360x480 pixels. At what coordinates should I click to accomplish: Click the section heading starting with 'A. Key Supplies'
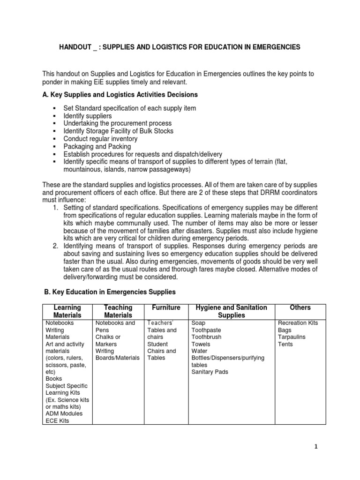120,95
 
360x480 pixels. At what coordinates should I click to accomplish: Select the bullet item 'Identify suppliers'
87,115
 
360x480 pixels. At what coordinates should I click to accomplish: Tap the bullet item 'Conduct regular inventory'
100,139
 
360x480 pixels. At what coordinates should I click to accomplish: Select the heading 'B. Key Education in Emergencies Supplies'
110,292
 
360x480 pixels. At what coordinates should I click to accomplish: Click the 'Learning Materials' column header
67,311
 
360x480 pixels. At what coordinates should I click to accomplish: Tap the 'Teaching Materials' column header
118,311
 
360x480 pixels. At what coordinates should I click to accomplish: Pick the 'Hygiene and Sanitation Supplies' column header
232,311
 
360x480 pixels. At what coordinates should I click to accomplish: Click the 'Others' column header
300,307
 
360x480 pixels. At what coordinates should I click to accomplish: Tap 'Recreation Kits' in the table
298,323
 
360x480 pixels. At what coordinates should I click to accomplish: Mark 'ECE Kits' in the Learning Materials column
57,420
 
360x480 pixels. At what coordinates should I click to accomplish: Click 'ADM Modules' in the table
64,413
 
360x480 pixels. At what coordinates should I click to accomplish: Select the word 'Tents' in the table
285,344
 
